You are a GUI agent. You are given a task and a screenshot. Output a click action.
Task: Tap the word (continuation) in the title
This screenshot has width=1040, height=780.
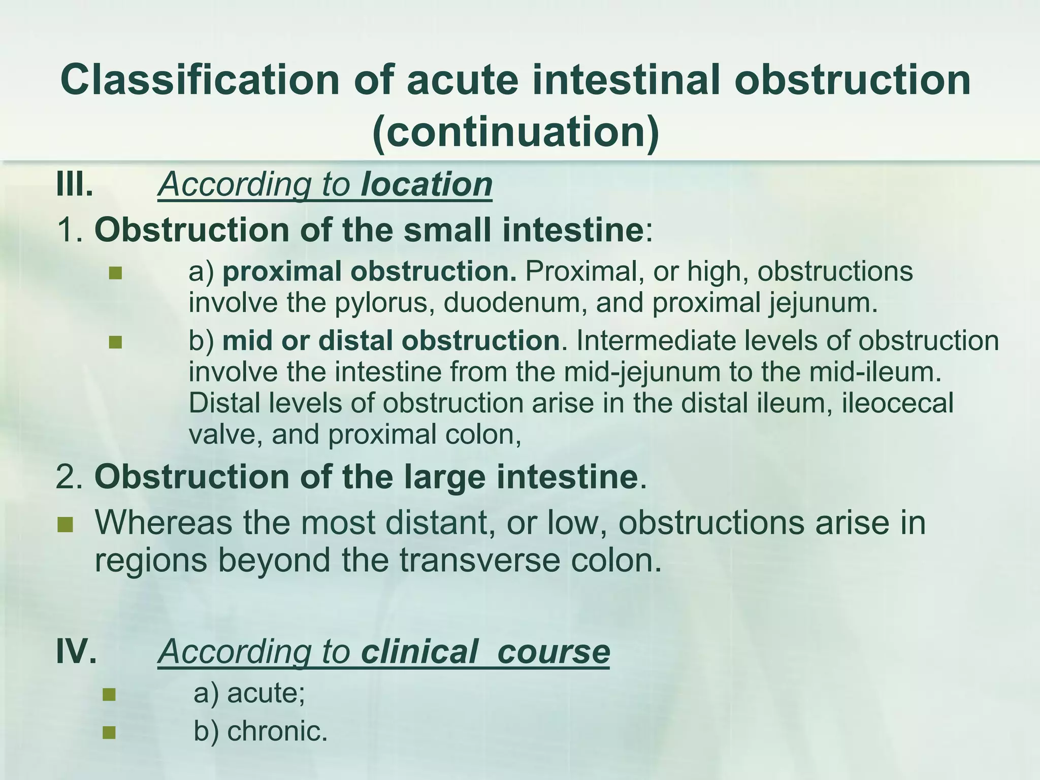(x=515, y=132)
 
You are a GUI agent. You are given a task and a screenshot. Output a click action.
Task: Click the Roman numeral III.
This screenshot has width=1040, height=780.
(x=75, y=184)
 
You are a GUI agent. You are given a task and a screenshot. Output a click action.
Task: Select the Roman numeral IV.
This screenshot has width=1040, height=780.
(x=76, y=652)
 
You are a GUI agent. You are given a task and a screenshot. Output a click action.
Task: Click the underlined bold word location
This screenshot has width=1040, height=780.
(x=426, y=184)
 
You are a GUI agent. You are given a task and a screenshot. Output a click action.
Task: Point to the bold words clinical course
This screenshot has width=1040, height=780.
(x=485, y=652)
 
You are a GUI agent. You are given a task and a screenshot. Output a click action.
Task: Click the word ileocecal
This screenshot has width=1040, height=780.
(x=897, y=403)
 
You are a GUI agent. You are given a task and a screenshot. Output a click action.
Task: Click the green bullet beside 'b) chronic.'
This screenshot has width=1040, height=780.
(x=109, y=732)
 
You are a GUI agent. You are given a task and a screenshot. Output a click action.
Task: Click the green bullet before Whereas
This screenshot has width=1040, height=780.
(x=65, y=524)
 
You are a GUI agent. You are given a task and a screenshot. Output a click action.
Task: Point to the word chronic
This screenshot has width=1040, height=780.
(x=277, y=732)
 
